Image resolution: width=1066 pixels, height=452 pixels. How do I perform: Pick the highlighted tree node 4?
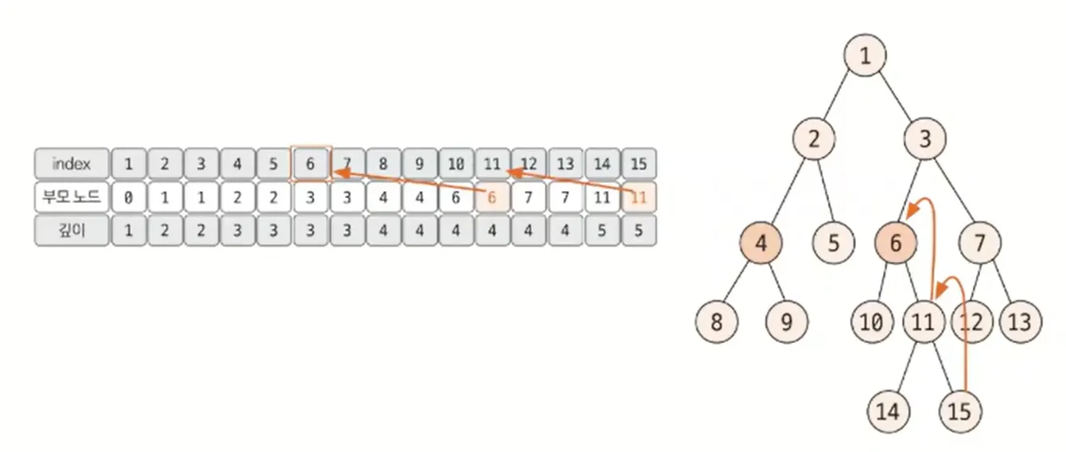[x=761, y=244]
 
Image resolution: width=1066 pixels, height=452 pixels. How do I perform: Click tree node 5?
[x=833, y=244]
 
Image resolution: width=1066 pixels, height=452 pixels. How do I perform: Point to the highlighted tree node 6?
[x=896, y=244]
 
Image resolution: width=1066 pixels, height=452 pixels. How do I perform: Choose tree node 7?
[x=980, y=244]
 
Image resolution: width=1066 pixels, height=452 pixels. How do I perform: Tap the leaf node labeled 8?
[x=717, y=322]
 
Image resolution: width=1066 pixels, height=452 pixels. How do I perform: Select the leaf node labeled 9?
[x=787, y=322]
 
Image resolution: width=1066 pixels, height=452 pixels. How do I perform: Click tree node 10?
[x=871, y=322]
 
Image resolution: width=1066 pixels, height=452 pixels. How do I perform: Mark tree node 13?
[x=1019, y=322]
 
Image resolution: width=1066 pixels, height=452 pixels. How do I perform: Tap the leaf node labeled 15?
[x=960, y=411]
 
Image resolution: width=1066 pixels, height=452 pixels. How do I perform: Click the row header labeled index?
[x=71, y=164]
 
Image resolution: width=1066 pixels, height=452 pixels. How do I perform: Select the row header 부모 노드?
[x=71, y=197]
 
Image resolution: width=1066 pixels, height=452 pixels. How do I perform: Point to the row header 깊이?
[x=71, y=231]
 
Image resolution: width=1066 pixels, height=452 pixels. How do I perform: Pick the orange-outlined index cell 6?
[x=310, y=164]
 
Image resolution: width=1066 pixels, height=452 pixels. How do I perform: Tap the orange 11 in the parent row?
[x=638, y=197]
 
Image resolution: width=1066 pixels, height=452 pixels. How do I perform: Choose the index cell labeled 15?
[x=638, y=164]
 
